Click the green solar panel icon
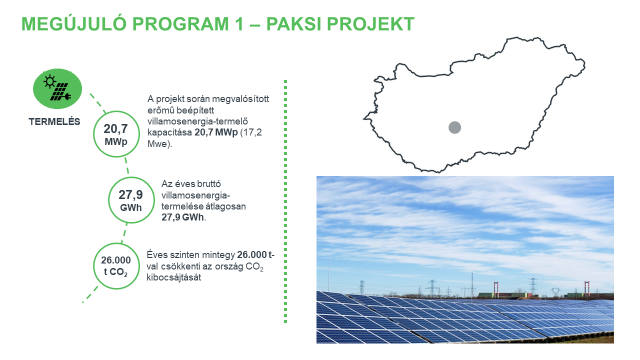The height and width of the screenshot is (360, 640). click(55, 89)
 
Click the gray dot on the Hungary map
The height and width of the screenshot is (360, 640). click(455, 128)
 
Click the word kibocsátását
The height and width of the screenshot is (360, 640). click(174, 277)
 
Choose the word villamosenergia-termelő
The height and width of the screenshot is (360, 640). click(210, 121)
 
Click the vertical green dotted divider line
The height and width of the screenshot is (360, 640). click(286, 200)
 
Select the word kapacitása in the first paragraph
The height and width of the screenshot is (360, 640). click(170, 133)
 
